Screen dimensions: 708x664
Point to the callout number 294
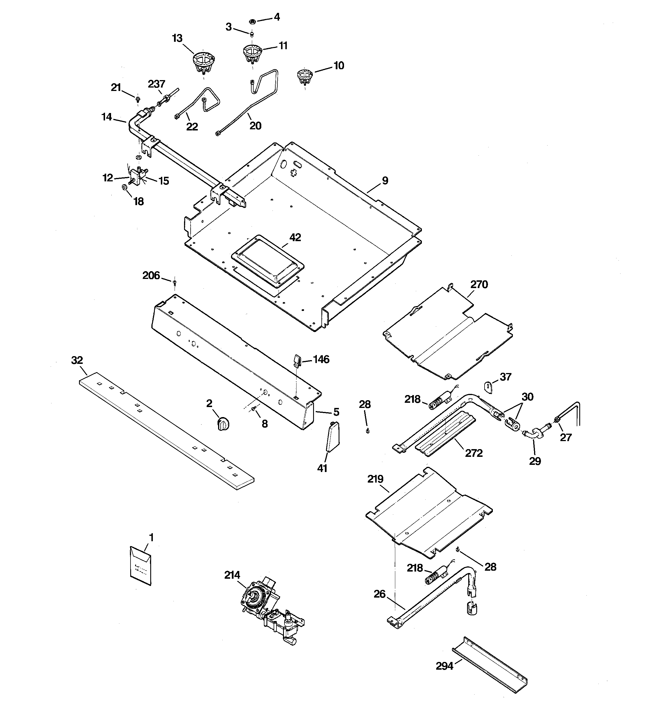click(444, 666)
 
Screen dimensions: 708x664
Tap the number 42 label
click(295, 237)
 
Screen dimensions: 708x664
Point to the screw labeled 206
click(175, 283)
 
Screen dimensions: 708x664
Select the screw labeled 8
click(253, 410)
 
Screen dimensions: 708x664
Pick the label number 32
click(77, 360)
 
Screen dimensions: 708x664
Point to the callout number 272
click(474, 453)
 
